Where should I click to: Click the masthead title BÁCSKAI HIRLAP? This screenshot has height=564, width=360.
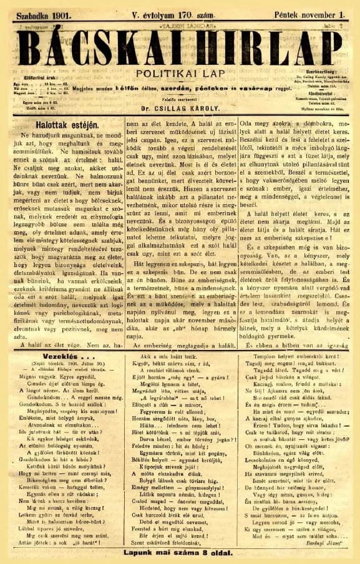(x=180, y=47)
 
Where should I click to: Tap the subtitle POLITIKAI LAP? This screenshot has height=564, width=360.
(x=179, y=74)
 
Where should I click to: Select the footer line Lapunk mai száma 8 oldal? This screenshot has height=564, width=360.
(x=181, y=552)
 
